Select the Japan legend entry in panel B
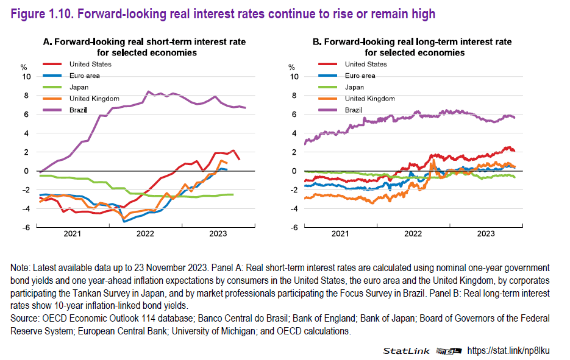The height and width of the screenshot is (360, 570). [x=355, y=87]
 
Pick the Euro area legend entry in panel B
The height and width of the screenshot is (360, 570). [x=360, y=76]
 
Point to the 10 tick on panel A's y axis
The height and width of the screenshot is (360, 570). [x=25, y=77]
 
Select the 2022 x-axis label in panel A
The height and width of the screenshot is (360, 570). [x=144, y=233]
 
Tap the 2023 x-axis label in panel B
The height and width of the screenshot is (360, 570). [x=485, y=233]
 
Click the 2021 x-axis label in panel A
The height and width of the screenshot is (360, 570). [x=72, y=233]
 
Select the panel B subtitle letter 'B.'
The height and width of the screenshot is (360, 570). [x=317, y=42]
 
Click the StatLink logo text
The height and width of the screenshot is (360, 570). [x=406, y=351]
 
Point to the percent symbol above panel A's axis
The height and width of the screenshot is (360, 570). [x=24, y=66]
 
